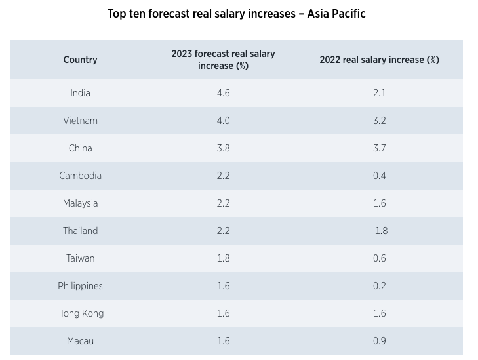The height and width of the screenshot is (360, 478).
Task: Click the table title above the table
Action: pyautogui.click(x=236, y=14)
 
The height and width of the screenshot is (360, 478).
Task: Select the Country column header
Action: pyautogui.click(x=80, y=60)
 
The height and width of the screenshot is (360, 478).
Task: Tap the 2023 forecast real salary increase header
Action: pyautogui.click(x=223, y=60)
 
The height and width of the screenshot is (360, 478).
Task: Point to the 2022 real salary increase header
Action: pyautogui.click(x=379, y=60)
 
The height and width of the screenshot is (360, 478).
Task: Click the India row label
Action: pyautogui.click(x=80, y=93)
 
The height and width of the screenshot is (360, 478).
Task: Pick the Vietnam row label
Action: pyautogui.click(x=80, y=121)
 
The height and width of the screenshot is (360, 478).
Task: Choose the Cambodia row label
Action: pyautogui.click(x=80, y=176)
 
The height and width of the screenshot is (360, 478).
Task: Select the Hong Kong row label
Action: pyautogui.click(x=80, y=313)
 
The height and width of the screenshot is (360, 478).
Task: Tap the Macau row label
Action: pyautogui.click(x=80, y=341)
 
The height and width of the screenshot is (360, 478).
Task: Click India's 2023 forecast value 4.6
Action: pyautogui.click(x=223, y=93)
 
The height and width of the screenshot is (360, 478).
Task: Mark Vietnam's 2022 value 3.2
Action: pyautogui.click(x=379, y=121)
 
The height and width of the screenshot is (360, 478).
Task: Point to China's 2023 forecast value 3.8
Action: pyautogui.click(x=223, y=148)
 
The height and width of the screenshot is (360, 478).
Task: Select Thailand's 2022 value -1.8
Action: pyautogui.click(x=379, y=231)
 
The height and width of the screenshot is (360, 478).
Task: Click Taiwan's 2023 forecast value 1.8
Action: pyautogui.click(x=223, y=258)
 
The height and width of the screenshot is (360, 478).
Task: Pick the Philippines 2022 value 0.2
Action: pyautogui.click(x=379, y=286)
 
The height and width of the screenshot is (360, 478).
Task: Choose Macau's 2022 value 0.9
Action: pyautogui.click(x=379, y=341)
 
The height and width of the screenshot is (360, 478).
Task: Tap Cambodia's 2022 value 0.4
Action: pyautogui.click(x=379, y=176)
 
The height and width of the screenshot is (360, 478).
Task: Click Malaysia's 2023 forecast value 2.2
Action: pyautogui.click(x=223, y=203)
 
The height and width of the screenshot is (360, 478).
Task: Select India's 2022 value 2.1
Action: pyautogui.click(x=379, y=93)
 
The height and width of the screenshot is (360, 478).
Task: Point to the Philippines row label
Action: pyautogui.click(x=80, y=286)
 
